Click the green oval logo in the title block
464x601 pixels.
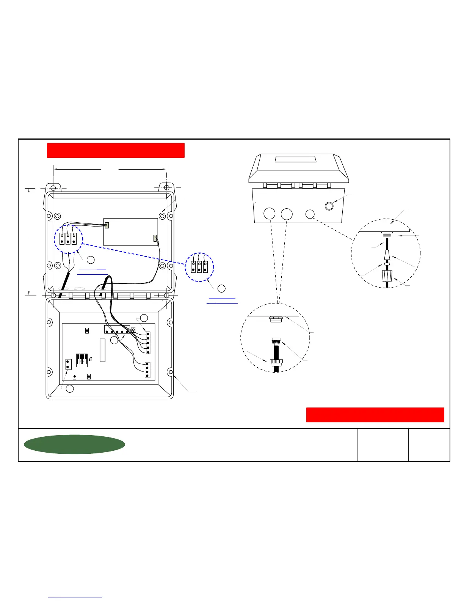74,444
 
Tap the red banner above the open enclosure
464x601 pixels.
116,150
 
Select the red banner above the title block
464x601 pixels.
375,415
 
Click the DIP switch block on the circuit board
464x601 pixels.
82,360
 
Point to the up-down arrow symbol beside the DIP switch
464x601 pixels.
90,359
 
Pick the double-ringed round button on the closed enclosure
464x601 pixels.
329,206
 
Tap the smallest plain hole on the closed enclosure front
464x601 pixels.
310,214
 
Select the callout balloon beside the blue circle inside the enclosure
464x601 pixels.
91,260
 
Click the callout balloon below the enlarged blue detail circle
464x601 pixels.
222,289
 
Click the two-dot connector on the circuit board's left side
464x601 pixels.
68,365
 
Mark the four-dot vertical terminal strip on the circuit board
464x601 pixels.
147,370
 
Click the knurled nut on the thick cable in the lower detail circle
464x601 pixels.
276,361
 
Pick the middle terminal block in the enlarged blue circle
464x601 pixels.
199,267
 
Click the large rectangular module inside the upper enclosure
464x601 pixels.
130,231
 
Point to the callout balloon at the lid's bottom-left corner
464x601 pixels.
70,389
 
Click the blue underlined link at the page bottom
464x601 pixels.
75,598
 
